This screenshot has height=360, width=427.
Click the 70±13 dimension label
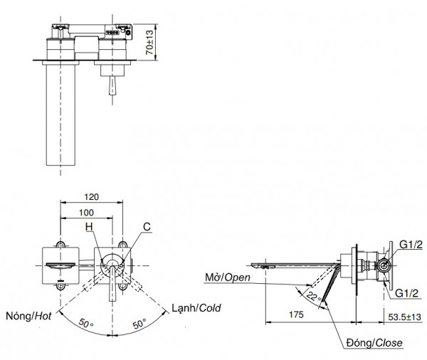[151, 41]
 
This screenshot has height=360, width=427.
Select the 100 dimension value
[86, 211]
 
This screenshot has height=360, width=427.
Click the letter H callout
[89, 227]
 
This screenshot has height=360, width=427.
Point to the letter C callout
[146, 227]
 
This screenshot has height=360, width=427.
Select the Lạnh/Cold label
[196, 309]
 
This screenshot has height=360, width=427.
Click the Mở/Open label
[226, 277]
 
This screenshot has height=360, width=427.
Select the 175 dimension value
[297, 313]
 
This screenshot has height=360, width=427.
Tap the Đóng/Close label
[376, 343]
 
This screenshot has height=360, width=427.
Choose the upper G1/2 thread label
[411, 245]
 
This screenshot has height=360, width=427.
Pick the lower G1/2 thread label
[411, 291]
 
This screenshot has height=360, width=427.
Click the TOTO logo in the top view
[112, 31]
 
